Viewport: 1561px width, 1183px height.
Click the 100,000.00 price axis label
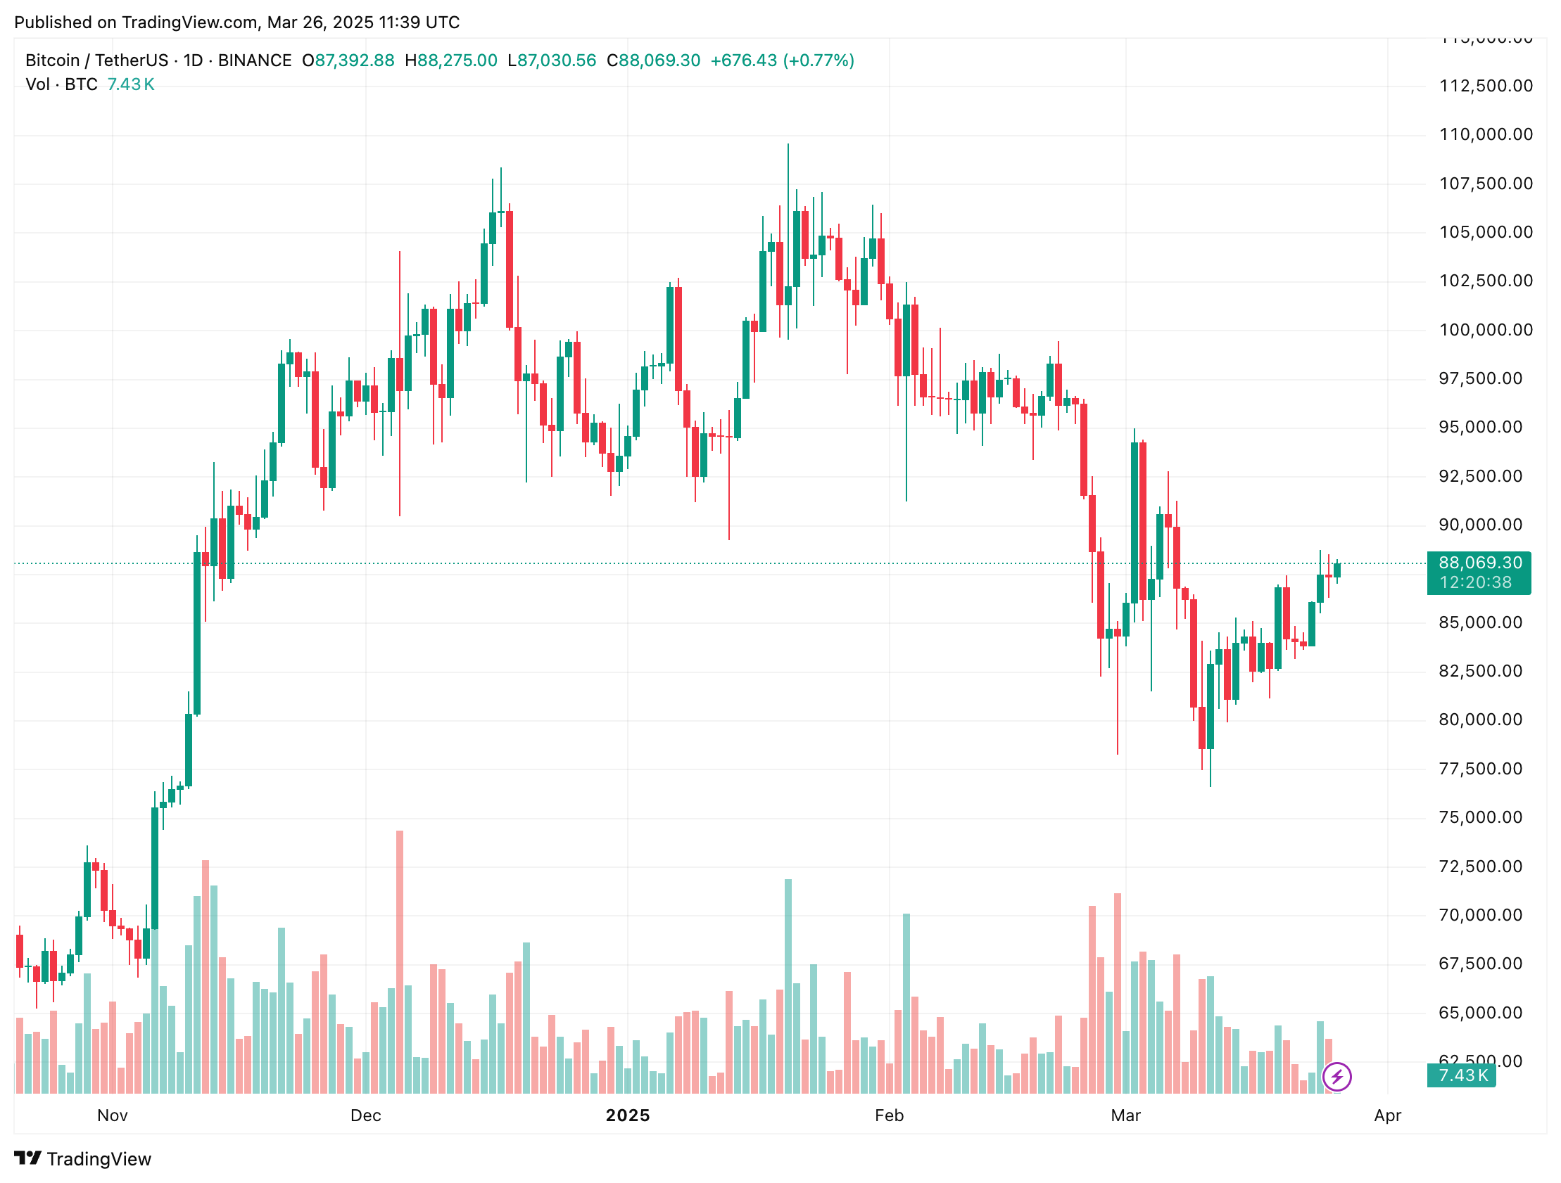[x=1486, y=329]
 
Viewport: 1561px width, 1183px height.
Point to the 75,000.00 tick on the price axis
[x=1480, y=817]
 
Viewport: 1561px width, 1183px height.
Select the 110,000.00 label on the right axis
[x=1486, y=134]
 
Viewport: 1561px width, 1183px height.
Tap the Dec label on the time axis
[x=365, y=1115]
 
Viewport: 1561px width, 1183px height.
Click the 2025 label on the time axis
[x=627, y=1115]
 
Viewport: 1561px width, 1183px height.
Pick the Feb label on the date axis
[x=888, y=1115]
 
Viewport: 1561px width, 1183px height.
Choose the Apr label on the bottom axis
[x=1386, y=1115]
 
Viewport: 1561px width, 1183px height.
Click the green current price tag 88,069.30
[x=1480, y=563]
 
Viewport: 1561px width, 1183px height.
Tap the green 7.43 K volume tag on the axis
[x=1463, y=1075]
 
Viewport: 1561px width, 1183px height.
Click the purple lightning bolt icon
[x=1336, y=1077]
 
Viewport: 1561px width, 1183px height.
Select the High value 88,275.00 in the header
[x=457, y=60]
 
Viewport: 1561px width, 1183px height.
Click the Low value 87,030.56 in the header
[x=556, y=60]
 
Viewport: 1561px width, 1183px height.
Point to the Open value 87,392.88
[x=354, y=60]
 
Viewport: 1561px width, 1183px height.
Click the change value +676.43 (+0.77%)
[x=782, y=60]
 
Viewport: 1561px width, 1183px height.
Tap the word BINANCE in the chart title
[x=255, y=60]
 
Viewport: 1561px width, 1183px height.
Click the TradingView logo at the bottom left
[x=82, y=1159]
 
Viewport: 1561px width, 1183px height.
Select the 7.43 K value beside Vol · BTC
[x=131, y=84]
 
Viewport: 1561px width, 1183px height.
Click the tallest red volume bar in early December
[x=400, y=962]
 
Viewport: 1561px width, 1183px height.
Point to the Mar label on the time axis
[x=1125, y=1115]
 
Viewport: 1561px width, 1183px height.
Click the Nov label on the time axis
[x=112, y=1115]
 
